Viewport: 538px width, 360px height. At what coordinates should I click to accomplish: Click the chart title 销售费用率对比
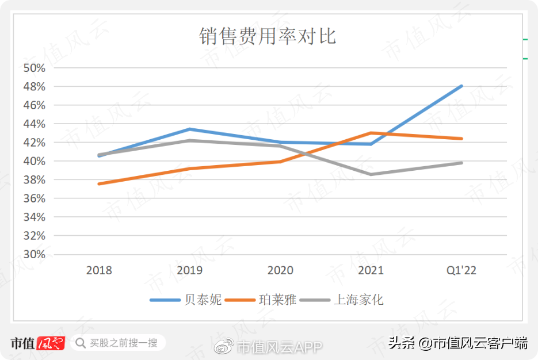268,36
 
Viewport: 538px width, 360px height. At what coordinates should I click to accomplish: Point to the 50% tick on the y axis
34,68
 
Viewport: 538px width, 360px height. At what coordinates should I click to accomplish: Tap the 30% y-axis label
34,254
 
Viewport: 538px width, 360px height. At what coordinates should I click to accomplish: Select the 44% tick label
34,124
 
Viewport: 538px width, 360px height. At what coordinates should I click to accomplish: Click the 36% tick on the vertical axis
34,198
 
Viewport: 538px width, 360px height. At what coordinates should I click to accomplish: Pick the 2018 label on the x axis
99,270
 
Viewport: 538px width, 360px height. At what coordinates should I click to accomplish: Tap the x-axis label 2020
280,270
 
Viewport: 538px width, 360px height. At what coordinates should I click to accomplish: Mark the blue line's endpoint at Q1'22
461,86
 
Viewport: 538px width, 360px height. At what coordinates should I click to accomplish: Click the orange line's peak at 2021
371,133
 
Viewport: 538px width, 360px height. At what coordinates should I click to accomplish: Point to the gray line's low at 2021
371,174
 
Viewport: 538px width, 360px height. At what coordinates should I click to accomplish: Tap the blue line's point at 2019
190,129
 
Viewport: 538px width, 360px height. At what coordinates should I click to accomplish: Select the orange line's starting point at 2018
100,184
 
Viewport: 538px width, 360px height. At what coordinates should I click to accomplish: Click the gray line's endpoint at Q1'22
461,163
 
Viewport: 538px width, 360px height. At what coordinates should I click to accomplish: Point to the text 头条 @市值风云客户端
457,344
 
